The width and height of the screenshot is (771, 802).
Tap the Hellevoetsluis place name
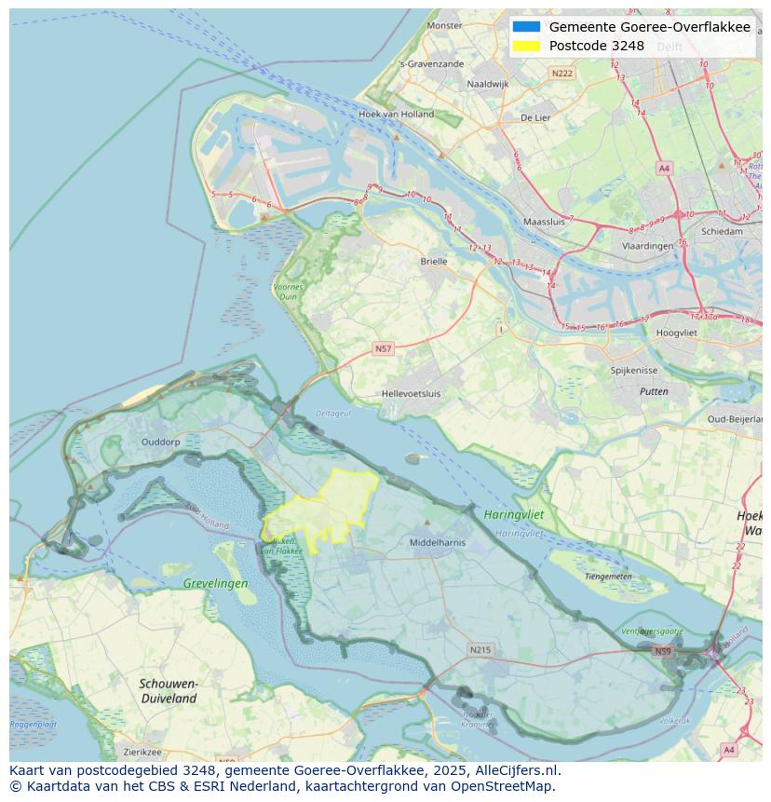coord(411,393)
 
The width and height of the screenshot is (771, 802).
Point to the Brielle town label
coord(433,262)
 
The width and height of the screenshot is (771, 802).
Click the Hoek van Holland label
coord(396,115)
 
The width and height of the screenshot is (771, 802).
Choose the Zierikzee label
coord(142,752)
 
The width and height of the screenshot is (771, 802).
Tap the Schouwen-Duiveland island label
coord(169,690)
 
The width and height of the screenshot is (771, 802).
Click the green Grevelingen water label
coord(215,584)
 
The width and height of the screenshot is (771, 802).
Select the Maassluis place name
coord(545,223)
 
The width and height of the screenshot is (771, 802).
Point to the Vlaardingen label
coord(647,246)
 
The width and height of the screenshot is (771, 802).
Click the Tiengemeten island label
coord(608,577)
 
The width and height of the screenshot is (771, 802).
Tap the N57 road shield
coord(383,348)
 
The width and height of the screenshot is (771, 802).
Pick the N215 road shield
coord(480,649)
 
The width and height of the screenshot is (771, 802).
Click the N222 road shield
coord(561,73)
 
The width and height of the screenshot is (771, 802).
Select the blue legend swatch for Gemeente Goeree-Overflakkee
coord(526,27)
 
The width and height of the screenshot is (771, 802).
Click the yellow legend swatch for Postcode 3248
coord(526,46)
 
